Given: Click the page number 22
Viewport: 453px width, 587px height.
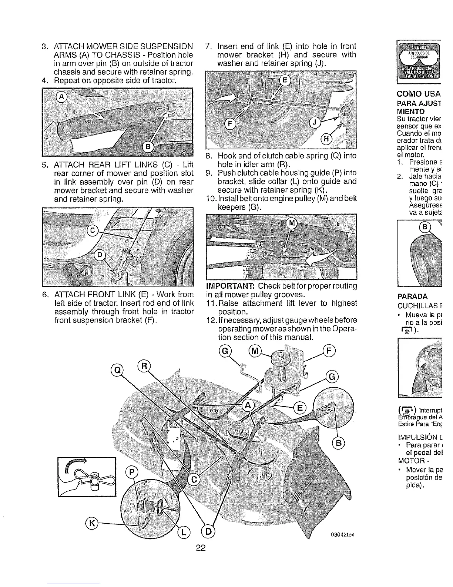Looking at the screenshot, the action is click(x=201, y=548).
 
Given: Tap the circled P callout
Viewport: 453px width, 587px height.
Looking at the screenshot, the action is click(x=132, y=472).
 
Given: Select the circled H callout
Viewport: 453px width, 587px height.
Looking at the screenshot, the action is click(x=326, y=139).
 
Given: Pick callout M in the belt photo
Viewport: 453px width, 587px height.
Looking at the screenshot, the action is click(x=292, y=223).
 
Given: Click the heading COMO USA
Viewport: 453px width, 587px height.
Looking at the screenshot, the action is click(x=418, y=93).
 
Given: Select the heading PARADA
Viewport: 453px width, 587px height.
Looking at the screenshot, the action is click(x=412, y=296).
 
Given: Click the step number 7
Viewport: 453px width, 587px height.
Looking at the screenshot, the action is click(x=208, y=47).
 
